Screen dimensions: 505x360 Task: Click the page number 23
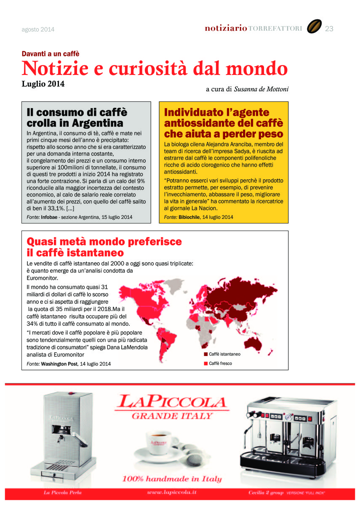tap(329, 29)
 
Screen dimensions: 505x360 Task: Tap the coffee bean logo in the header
tap(314, 27)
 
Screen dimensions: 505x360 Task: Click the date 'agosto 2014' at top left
tap(38, 29)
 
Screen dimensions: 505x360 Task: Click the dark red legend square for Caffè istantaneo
tap(206, 354)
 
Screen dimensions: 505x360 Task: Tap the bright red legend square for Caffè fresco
tap(206, 363)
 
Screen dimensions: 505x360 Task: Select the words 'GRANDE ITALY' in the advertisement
tap(172, 416)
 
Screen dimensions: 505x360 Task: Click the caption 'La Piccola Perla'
tap(63, 492)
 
